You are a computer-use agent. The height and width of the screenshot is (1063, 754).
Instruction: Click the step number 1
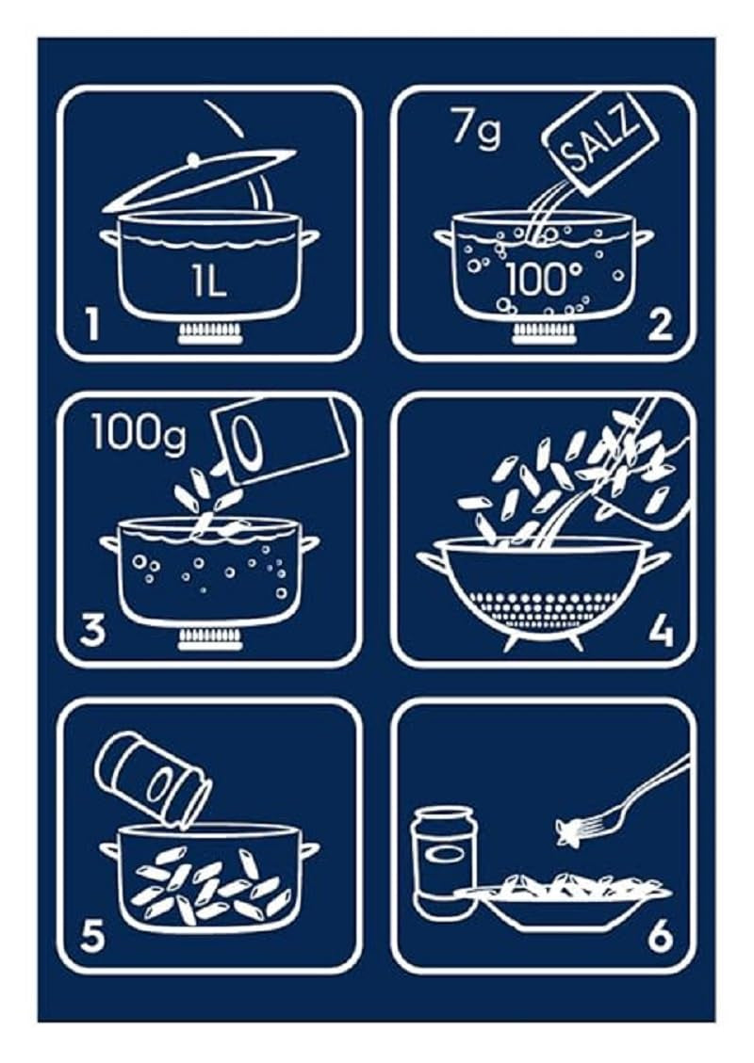pos(90,325)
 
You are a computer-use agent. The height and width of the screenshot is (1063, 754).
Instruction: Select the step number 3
pos(91,630)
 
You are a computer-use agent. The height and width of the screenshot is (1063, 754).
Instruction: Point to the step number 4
pos(661,630)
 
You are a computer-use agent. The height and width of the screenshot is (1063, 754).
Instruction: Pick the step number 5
pos(91,936)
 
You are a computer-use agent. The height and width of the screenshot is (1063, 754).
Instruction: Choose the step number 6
pos(660,936)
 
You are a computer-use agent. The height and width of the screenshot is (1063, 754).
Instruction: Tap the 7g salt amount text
pos(475,129)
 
